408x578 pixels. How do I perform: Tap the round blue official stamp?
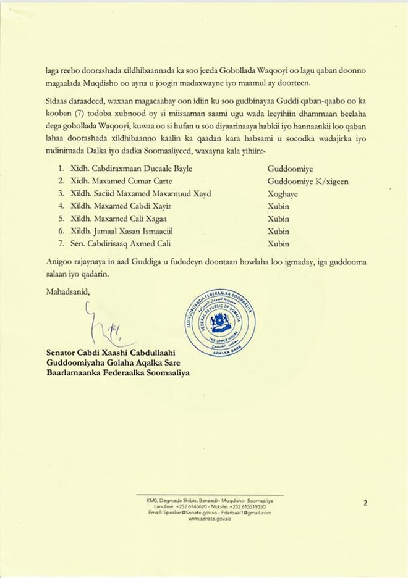coord(220,322)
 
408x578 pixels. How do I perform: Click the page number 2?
coord(365,503)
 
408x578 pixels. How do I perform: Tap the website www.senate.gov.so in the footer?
coord(210,519)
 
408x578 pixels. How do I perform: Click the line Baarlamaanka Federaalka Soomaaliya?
coord(118,373)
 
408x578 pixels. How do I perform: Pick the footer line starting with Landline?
coord(210,506)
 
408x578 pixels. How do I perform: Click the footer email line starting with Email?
coord(210,513)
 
